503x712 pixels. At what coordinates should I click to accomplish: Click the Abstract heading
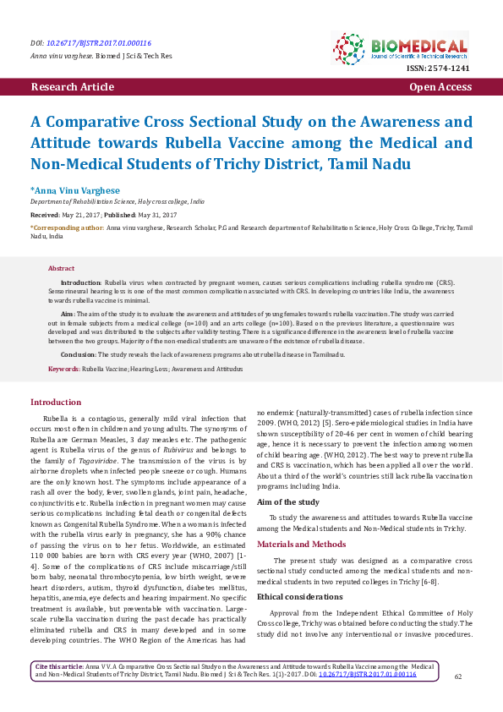(x=62, y=268)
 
